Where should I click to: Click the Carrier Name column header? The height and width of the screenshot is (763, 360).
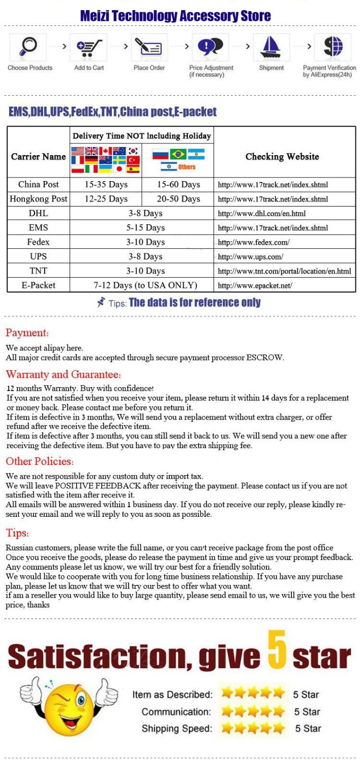[x=39, y=157]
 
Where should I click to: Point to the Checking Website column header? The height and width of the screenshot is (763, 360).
[x=282, y=157]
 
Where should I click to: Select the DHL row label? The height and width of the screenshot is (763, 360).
[x=39, y=213]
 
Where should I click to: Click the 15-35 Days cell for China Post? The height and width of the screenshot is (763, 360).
[x=106, y=185]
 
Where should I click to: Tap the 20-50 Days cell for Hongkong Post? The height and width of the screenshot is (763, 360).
[x=178, y=199]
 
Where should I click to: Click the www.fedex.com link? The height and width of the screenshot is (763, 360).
[x=254, y=243]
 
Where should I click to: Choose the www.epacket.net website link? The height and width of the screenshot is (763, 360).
[x=255, y=286]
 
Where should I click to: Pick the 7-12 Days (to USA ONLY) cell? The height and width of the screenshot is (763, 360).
[x=145, y=285]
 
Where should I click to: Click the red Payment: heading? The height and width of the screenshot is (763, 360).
[x=27, y=333]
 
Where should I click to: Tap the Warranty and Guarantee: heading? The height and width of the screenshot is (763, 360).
[x=64, y=375]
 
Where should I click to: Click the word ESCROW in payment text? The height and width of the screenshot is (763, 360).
[x=264, y=358]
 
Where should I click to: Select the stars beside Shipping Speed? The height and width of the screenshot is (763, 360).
[x=253, y=728]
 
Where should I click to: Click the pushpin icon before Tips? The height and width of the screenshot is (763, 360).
[x=101, y=303]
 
